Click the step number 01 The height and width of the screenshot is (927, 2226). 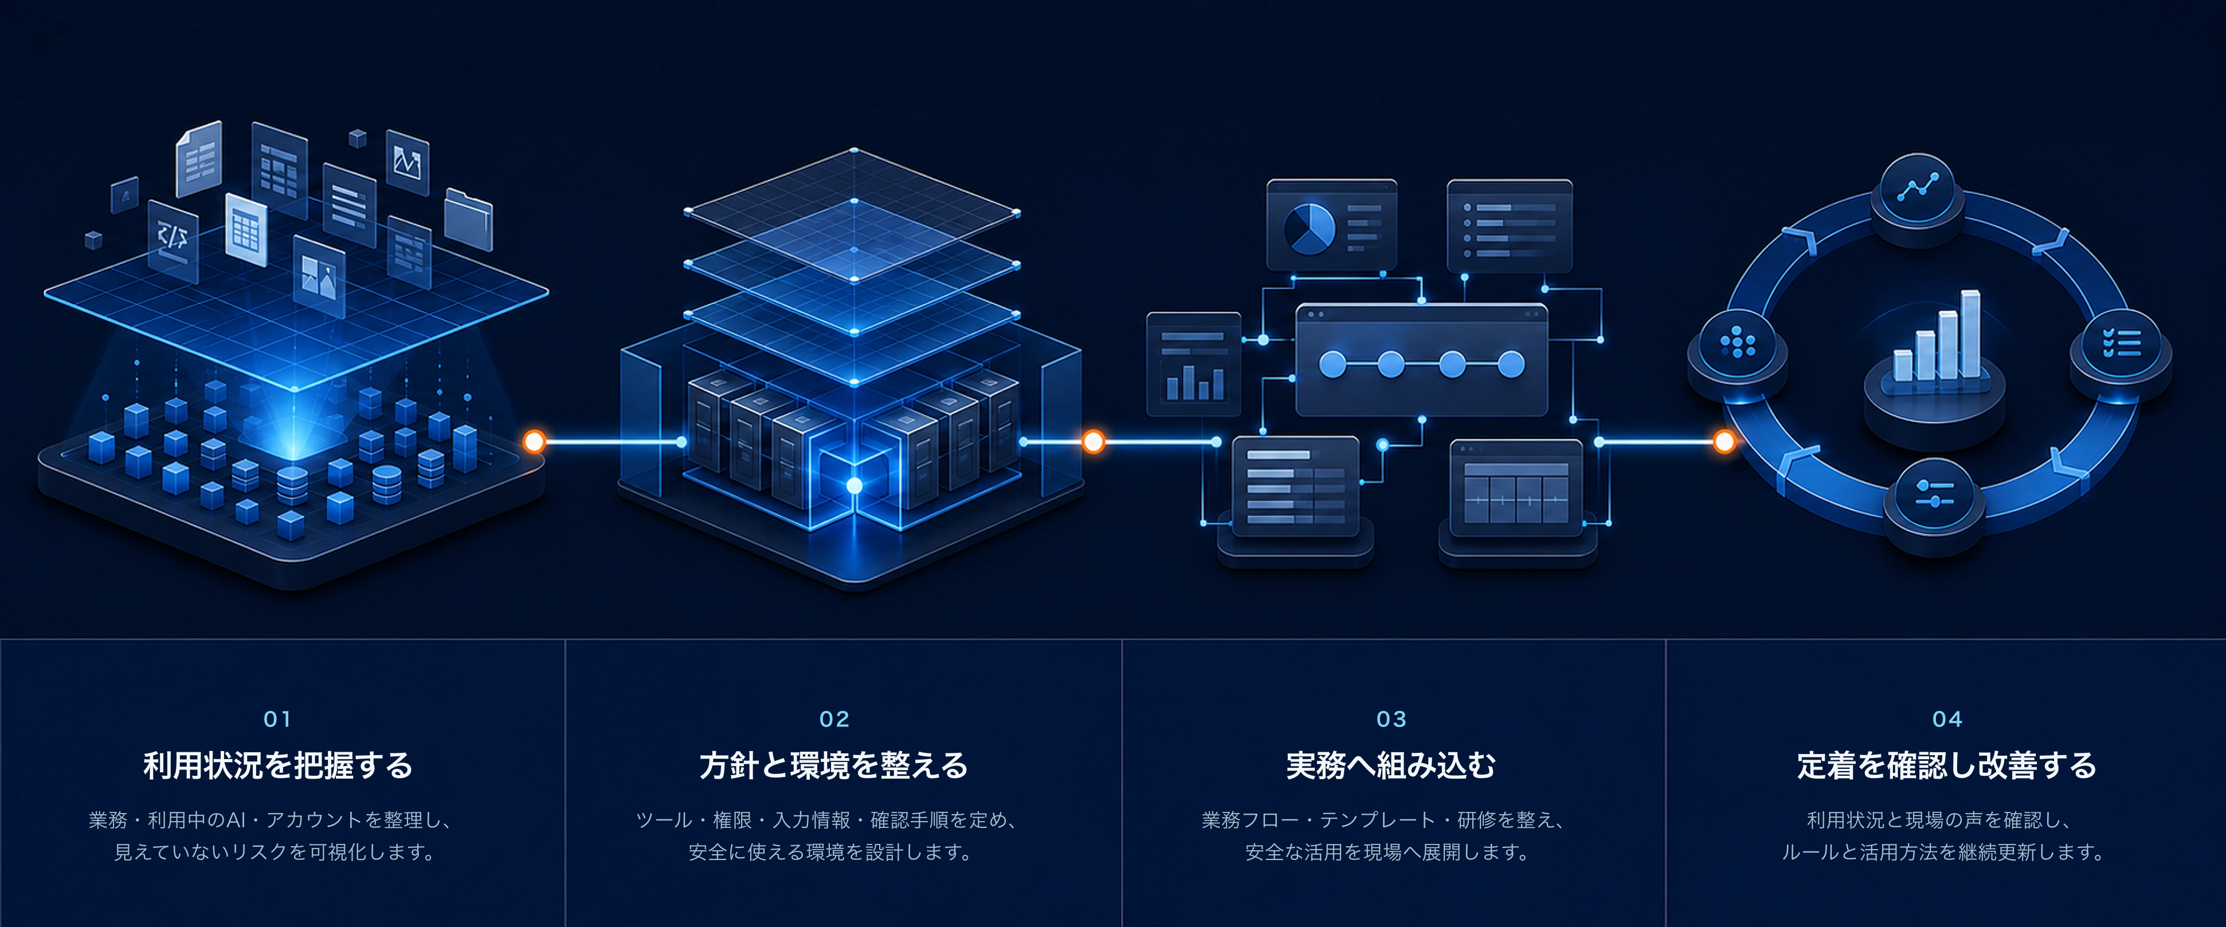(x=277, y=719)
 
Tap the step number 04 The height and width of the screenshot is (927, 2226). (x=1947, y=719)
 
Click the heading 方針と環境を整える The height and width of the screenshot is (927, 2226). (x=834, y=765)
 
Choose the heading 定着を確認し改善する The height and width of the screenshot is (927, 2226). (x=1947, y=765)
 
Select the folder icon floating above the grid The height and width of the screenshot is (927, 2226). (x=468, y=219)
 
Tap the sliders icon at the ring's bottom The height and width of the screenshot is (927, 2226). (x=1934, y=495)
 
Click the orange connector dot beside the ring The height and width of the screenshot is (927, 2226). (x=1724, y=442)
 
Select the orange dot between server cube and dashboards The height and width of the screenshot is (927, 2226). (x=1093, y=442)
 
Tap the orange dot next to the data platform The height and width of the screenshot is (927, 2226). (x=534, y=442)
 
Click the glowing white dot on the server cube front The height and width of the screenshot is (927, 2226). (x=854, y=485)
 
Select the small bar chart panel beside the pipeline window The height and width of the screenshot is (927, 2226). (x=1193, y=364)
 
